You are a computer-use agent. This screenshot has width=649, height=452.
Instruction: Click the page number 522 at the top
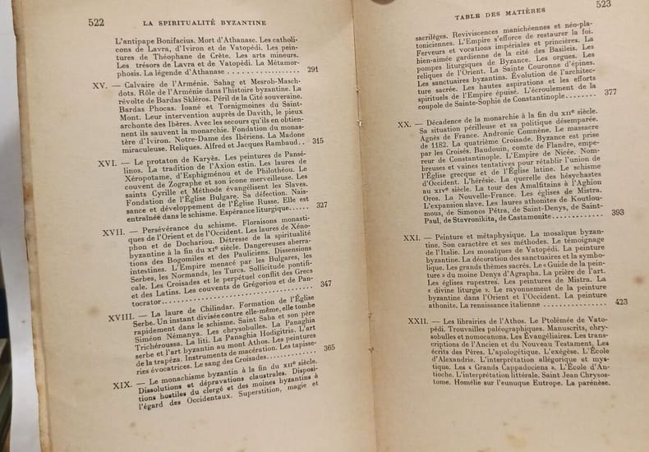point(96,23)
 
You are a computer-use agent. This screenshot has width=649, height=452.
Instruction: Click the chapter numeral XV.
point(100,85)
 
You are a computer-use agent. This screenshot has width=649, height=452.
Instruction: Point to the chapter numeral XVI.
point(104,164)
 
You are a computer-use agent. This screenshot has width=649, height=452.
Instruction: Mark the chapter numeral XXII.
point(418,321)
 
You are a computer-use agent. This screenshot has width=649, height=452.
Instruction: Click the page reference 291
point(313,70)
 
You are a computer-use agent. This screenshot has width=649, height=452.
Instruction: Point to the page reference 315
point(318,141)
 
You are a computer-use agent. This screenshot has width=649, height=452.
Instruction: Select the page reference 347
point(326,284)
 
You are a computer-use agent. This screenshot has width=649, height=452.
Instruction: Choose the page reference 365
point(329,348)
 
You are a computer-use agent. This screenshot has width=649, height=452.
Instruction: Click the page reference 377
point(610,92)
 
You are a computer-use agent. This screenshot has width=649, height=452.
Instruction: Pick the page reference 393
point(617,212)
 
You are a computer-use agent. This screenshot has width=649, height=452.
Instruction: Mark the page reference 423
point(620,302)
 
